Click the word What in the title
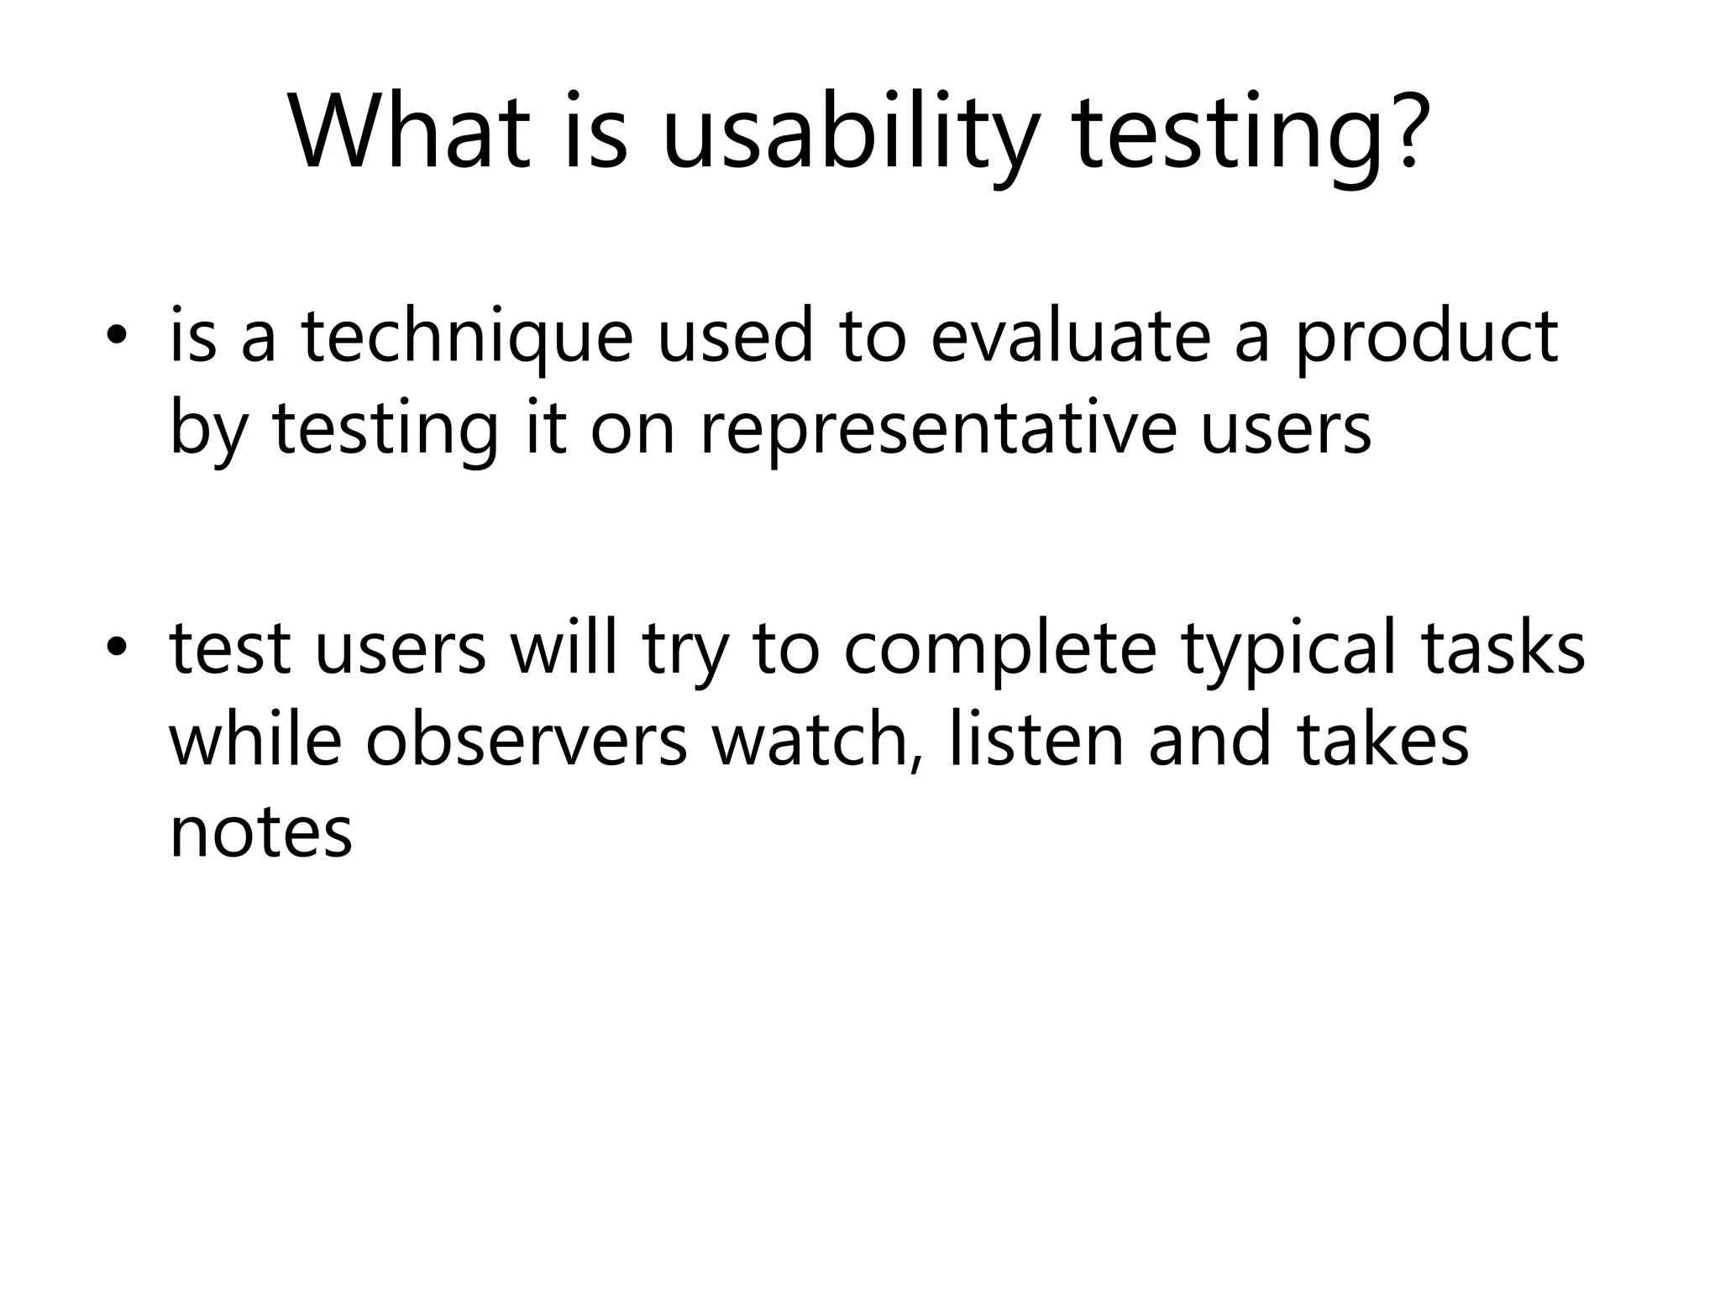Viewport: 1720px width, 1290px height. [x=411, y=133]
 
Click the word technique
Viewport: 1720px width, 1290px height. [x=466, y=338]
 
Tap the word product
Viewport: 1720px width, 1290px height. [x=1426, y=338]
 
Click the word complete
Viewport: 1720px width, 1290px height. [x=999, y=651]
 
